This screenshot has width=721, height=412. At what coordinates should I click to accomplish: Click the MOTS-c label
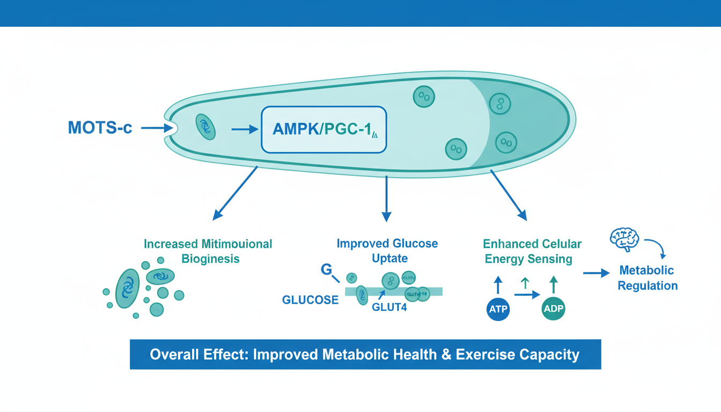(100, 128)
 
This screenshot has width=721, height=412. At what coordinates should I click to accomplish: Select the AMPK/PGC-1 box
(323, 129)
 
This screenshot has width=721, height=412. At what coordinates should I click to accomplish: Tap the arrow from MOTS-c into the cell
(155, 128)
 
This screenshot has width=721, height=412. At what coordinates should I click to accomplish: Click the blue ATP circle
(497, 309)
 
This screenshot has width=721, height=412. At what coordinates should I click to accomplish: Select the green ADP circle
(553, 309)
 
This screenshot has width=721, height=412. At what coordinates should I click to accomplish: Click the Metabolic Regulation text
(647, 277)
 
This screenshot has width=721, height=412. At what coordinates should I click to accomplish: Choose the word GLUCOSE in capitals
(310, 300)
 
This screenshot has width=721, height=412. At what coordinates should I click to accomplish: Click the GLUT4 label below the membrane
(389, 307)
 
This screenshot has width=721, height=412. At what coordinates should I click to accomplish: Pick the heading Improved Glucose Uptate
(387, 251)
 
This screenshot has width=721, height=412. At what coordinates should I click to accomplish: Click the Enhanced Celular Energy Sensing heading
(532, 251)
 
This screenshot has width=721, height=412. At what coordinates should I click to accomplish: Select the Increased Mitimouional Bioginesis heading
(208, 251)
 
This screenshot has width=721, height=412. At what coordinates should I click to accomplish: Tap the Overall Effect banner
(365, 355)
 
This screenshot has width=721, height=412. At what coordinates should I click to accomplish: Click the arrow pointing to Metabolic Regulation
(597, 273)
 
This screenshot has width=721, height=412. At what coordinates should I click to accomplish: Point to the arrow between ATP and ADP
(526, 295)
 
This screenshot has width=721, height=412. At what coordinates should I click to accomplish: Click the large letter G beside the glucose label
(326, 269)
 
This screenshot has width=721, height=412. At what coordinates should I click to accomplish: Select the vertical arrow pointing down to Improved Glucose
(386, 198)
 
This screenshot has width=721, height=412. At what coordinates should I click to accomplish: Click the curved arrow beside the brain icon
(654, 246)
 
